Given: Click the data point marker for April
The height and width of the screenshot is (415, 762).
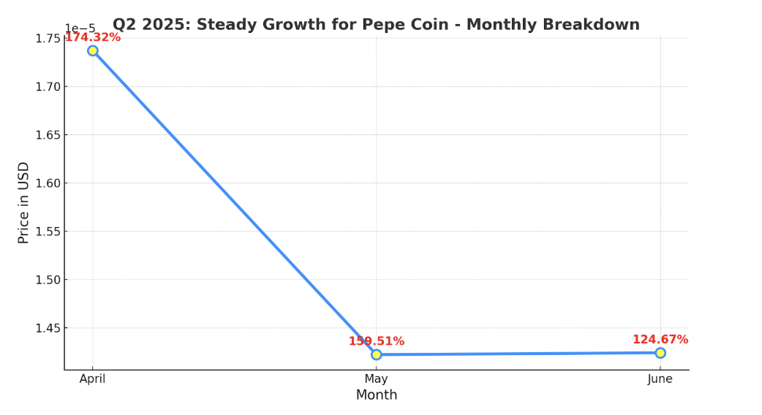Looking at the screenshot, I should (x=93, y=50).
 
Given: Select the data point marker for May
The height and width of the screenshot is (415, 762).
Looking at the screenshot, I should (x=376, y=354).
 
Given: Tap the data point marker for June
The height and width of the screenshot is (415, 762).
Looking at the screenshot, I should (x=660, y=353).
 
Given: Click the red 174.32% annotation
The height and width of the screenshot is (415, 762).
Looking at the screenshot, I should (x=93, y=37).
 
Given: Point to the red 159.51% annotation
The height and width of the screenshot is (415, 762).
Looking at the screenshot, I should (x=376, y=341).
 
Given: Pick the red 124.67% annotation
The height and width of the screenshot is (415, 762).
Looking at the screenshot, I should (x=660, y=340).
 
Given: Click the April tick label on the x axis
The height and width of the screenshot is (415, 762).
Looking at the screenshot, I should (x=93, y=379).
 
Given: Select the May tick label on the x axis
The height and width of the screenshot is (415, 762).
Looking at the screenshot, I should (x=376, y=379).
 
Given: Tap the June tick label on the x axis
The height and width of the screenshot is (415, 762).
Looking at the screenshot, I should (x=660, y=379).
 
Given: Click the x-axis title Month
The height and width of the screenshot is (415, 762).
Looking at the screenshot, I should (x=377, y=395).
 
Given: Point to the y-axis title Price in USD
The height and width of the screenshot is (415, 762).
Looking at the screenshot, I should (x=24, y=202).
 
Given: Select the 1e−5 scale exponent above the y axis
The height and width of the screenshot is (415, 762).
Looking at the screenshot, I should (x=80, y=28).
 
